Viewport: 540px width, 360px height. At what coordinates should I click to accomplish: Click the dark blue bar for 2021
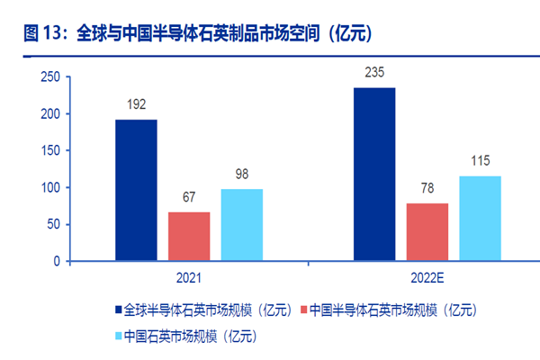[x=136, y=190]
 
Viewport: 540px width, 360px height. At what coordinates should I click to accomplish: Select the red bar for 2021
[x=188, y=237]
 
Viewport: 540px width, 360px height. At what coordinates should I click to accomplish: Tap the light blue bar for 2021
[x=241, y=225]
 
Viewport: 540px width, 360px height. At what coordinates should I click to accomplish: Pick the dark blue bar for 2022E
[x=375, y=175]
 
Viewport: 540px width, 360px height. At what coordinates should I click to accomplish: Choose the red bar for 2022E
[x=427, y=232]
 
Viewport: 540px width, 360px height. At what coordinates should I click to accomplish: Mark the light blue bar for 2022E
[x=480, y=219]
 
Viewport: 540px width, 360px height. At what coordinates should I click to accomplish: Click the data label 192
[x=136, y=104]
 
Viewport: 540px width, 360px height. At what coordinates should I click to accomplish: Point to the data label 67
[x=188, y=197]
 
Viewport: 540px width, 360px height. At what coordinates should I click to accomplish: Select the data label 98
[x=241, y=175]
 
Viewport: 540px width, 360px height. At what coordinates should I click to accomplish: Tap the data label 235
[x=375, y=73]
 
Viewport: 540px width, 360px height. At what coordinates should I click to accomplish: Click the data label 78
[x=427, y=189]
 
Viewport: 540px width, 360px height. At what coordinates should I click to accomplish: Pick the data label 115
[x=480, y=162]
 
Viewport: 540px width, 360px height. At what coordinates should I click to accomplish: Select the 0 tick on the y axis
[x=56, y=262]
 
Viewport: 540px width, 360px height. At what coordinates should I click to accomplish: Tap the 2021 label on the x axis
[x=188, y=279]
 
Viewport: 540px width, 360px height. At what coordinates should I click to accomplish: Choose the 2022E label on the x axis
[x=427, y=279]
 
